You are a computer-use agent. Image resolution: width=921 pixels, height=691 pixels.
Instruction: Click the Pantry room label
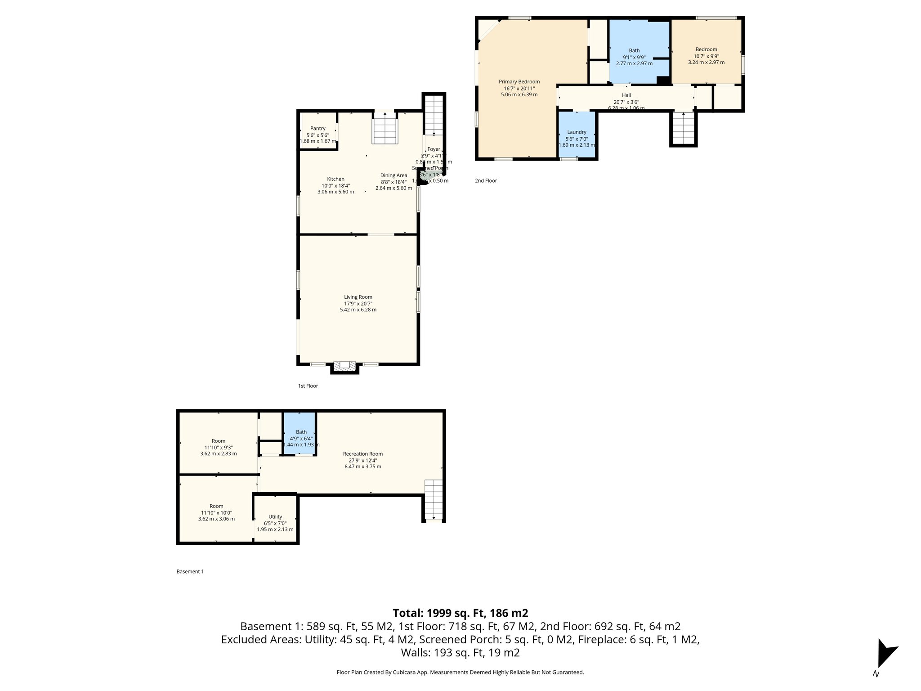click(317, 129)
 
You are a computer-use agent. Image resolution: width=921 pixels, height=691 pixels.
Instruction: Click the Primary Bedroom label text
click(519, 82)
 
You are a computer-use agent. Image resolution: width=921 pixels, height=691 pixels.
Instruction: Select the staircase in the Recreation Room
click(434, 499)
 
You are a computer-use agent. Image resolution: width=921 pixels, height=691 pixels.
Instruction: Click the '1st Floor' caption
click(308, 386)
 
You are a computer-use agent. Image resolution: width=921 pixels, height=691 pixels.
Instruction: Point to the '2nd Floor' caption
click(486, 181)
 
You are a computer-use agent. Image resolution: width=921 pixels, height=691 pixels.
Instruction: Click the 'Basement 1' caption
click(190, 572)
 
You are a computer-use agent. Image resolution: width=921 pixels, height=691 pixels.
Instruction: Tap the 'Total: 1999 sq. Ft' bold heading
click(460, 613)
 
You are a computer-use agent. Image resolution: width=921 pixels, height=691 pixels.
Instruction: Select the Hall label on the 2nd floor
click(626, 95)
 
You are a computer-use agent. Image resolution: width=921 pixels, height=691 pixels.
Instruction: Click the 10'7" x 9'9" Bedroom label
click(706, 49)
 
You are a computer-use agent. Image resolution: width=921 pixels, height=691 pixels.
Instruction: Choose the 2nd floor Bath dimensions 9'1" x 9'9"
click(634, 57)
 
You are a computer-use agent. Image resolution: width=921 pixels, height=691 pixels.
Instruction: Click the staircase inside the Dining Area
click(385, 130)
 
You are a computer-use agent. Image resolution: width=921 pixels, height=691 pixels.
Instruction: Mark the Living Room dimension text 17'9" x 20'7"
click(358, 304)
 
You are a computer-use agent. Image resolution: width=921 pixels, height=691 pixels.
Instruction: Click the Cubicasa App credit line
click(460, 673)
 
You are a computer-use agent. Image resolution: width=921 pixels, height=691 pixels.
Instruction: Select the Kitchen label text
click(335, 179)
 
